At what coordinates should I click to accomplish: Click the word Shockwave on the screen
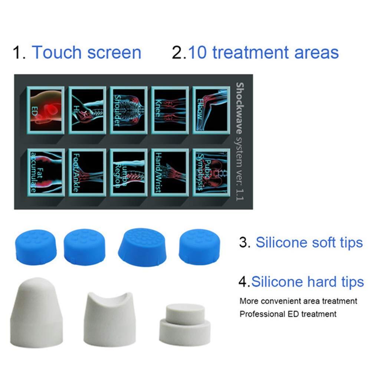point(239,100)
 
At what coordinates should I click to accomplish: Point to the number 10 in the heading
point(198,52)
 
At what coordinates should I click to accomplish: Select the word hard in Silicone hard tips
point(318,282)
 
